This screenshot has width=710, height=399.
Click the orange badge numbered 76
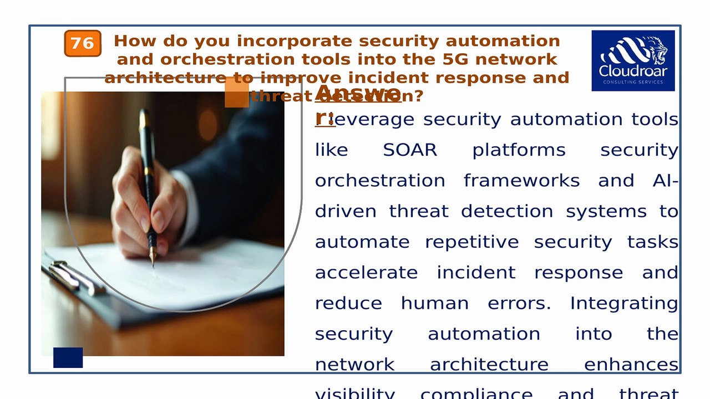[x=83, y=43]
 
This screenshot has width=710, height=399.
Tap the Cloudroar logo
[x=633, y=60]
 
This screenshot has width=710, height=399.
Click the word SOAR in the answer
[x=410, y=150]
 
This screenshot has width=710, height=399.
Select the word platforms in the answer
[x=519, y=150]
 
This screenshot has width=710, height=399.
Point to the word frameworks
[x=521, y=181]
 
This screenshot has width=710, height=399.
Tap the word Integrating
[x=623, y=304]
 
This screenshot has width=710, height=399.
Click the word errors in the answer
[x=519, y=304]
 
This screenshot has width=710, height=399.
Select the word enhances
[x=631, y=365]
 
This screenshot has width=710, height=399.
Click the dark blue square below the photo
[x=68, y=357]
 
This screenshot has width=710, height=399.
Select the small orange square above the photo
[x=236, y=93]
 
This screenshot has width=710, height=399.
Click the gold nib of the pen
[x=153, y=256]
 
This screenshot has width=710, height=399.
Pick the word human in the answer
[x=434, y=304]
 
